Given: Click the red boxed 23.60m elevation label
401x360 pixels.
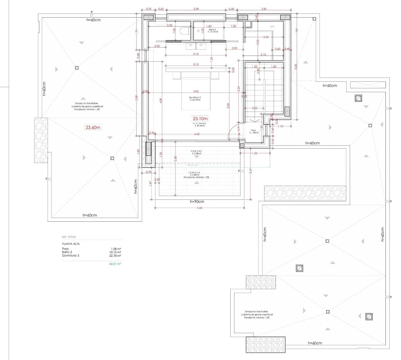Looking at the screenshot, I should click(93, 127).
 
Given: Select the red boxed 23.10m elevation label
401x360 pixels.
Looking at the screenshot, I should click(200, 118).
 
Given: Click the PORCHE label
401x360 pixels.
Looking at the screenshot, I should click(196, 151).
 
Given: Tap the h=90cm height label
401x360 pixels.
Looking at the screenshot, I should click(197, 201).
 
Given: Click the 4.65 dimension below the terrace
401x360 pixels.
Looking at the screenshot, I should click(200, 208).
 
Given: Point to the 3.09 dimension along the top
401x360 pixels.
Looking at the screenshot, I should click(196, 9).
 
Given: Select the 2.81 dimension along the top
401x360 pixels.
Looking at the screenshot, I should click(264, 9).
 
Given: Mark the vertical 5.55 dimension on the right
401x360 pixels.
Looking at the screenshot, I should click(295, 67).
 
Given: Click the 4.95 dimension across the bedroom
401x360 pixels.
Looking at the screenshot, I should click(196, 91).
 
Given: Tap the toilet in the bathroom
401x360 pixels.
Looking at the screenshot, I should click(184, 31).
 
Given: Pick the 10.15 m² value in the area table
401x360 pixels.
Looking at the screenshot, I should click(115, 252).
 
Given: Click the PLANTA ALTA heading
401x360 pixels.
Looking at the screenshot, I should click(71, 244).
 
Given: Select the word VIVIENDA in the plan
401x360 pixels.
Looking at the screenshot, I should click(199, 123).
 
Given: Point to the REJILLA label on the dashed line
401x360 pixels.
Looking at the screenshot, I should click(193, 165).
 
